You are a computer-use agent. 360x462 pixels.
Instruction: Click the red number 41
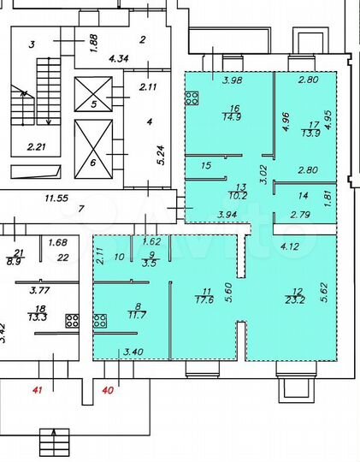(36, 390)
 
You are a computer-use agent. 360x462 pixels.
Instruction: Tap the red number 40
(108, 390)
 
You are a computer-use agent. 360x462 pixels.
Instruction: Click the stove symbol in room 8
(101, 322)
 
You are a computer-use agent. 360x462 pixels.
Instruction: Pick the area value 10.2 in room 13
(241, 194)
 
